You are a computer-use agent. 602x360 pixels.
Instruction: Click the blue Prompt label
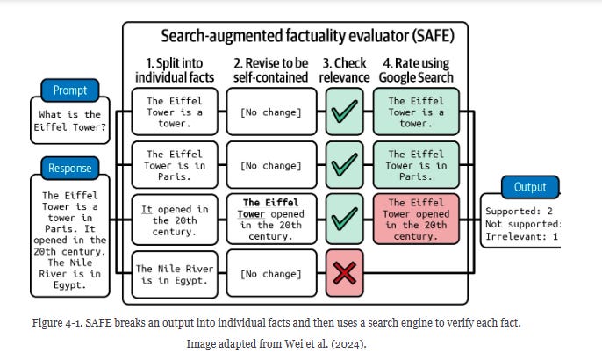70,90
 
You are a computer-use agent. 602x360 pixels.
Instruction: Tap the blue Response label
70,168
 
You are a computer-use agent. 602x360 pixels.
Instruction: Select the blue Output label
530,187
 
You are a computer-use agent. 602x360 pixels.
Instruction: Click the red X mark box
347,273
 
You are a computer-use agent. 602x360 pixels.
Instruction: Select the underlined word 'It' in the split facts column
147,210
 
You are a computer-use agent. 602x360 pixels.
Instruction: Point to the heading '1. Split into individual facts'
174,70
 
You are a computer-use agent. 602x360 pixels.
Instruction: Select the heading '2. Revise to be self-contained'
271,70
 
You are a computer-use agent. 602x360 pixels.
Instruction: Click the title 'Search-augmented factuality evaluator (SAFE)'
295,36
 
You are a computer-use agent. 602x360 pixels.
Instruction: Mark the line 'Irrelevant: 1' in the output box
521,236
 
